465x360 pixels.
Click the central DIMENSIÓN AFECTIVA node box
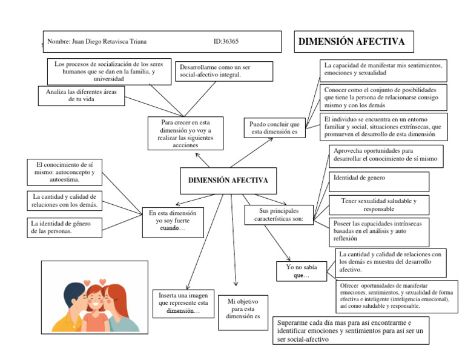coord(228,181)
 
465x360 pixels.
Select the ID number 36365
coord(226,42)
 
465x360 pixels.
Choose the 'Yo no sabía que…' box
coord(298,271)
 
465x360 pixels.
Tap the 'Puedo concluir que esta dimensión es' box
coord(274,128)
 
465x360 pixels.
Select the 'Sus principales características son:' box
coord(279,214)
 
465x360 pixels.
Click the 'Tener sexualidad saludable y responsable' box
coord(378,204)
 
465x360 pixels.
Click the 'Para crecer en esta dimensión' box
coord(184,133)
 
